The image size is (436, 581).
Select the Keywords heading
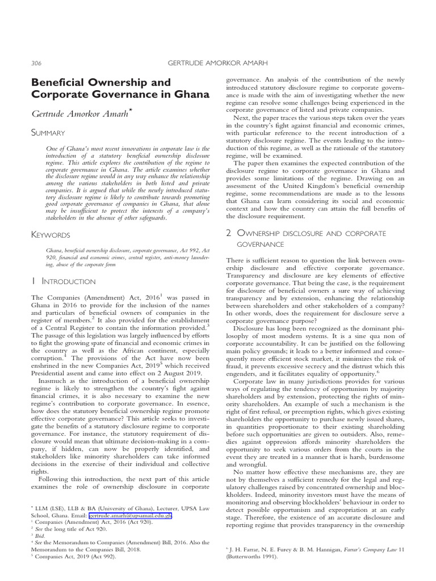point(51,234)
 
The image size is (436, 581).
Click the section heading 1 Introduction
point(64,281)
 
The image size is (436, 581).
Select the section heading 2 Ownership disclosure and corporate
point(305,233)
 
